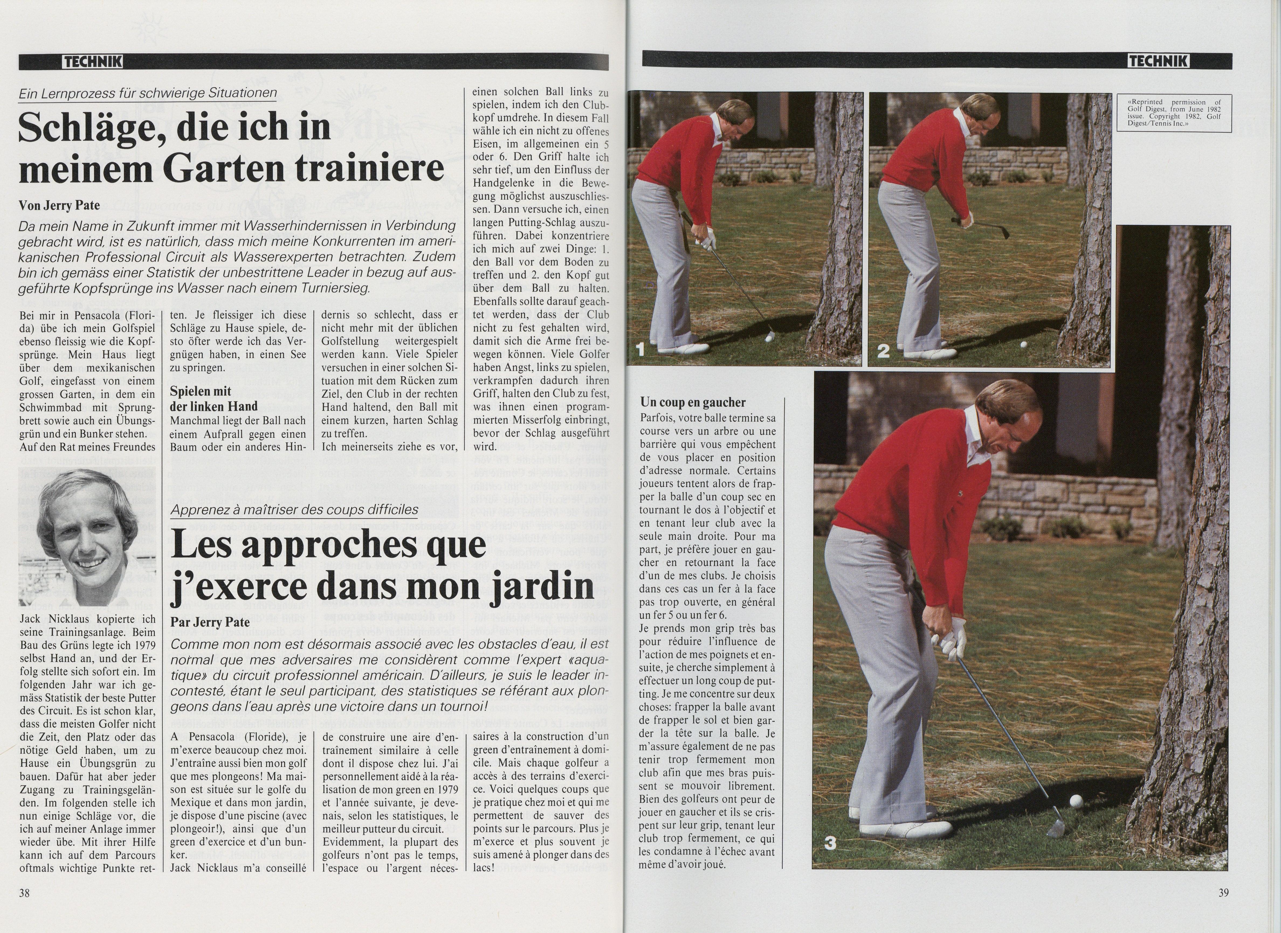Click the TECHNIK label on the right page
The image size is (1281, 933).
(x=1158, y=61)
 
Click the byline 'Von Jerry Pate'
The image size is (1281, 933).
(x=59, y=205)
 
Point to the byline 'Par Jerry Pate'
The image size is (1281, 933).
(x=210, y=622)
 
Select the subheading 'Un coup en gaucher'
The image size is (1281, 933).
(x=693, y=402)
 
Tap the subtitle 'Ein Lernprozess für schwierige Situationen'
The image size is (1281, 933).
(x=147, y=93)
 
